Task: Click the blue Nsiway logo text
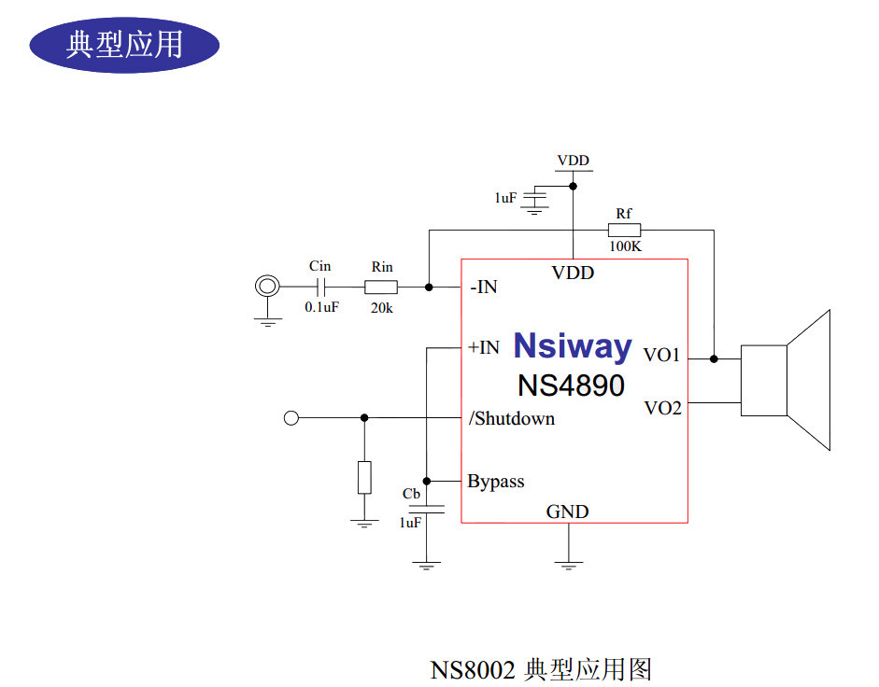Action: tap(572, 346)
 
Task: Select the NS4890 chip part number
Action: tap(571, 385)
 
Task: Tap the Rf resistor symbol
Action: tap(624, 230)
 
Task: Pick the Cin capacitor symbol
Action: tap(320, 287)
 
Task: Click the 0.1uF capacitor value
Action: tap(320, 306)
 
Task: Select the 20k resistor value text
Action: tap(381, 307)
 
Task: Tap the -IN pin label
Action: tap(483, 287)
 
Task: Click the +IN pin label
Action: tap(483, 347)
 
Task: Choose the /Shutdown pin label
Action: tap(511, 418)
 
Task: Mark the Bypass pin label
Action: tap(495, 482)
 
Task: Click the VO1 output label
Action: tap(662, 356)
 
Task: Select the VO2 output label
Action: tap(662, 408)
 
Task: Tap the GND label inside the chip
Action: tap(567, 512)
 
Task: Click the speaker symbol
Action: tap(785, 380)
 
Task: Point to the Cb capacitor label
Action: tap(411, 493)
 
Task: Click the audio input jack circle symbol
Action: tap(268, 287)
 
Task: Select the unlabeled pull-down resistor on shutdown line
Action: tap(364, 477)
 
